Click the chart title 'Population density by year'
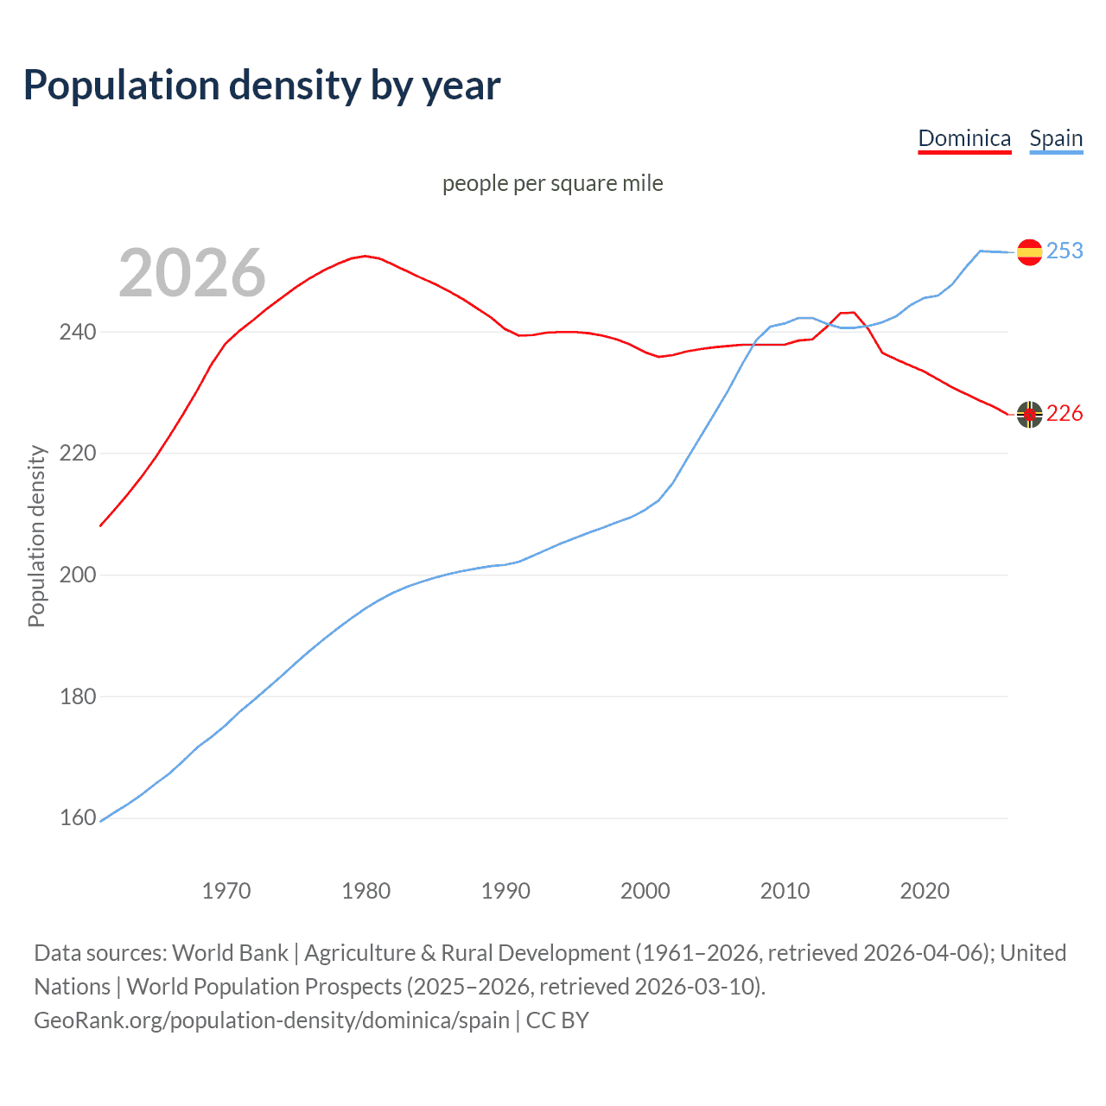pos(262,85)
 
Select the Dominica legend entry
pos(964,138)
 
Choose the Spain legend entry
pos(1056,138)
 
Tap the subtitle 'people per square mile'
pos(553,183)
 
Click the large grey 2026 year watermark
pos(192,273)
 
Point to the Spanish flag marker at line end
pos(1029,251)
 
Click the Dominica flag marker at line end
pos(1029,415)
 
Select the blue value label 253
pos(1065,251)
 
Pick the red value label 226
pos(1065,414)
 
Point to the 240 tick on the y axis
pos(78,332)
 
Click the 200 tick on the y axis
pos(78,575)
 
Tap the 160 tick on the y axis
pos(78,817)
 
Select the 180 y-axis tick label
pos(78,696)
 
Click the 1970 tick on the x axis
pos(226,891)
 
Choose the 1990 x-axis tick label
pos(505,891)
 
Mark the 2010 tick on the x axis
pos(785,891)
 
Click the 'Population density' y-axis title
pos(36,536)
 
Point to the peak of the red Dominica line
pos(365,256)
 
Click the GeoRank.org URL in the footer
pos(271,1020)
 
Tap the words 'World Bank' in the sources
pos(230,953)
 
